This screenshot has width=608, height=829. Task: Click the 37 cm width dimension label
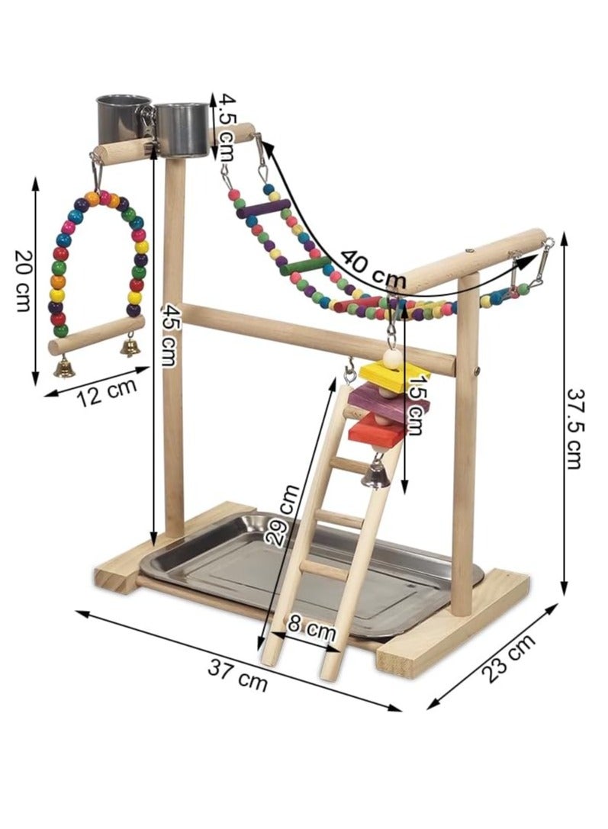coord(237,675)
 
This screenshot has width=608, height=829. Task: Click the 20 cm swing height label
coord(22,280)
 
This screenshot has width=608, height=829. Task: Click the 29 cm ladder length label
coord(283,515)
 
